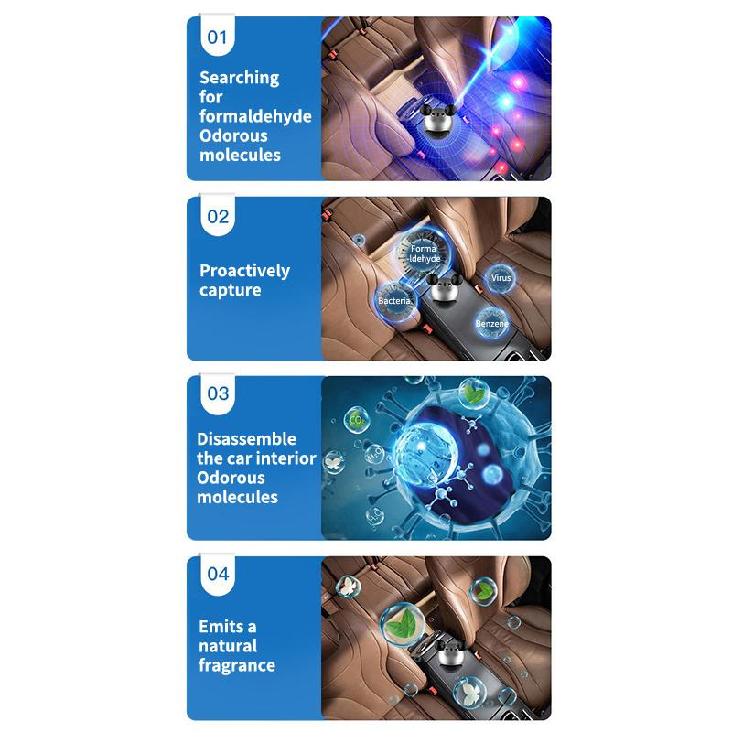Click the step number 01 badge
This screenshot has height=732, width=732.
click(217, 36)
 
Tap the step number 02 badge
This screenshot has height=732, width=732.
click(218, 215)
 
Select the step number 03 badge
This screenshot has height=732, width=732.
click(218, 394)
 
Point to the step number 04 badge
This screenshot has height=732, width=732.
click(218, 575)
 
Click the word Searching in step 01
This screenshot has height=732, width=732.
click(240, 78)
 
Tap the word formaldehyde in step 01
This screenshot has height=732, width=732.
click(255, 116)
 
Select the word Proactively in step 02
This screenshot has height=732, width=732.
click(244, 271)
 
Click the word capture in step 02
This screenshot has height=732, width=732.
click(231, 290)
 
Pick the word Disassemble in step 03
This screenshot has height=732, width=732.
click(246, 439)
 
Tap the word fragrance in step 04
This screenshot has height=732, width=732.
click(237, 666)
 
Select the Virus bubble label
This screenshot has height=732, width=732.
click(501, 278)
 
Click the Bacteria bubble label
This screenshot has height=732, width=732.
click(394, 301)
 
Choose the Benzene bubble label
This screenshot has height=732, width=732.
click(491, 323)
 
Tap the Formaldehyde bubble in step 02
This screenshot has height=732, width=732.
click(424, 253)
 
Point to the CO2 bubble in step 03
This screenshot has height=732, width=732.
click(356, 419)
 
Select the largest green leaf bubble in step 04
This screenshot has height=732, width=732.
click(402, 625)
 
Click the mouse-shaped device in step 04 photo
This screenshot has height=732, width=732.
click(449, 656)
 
